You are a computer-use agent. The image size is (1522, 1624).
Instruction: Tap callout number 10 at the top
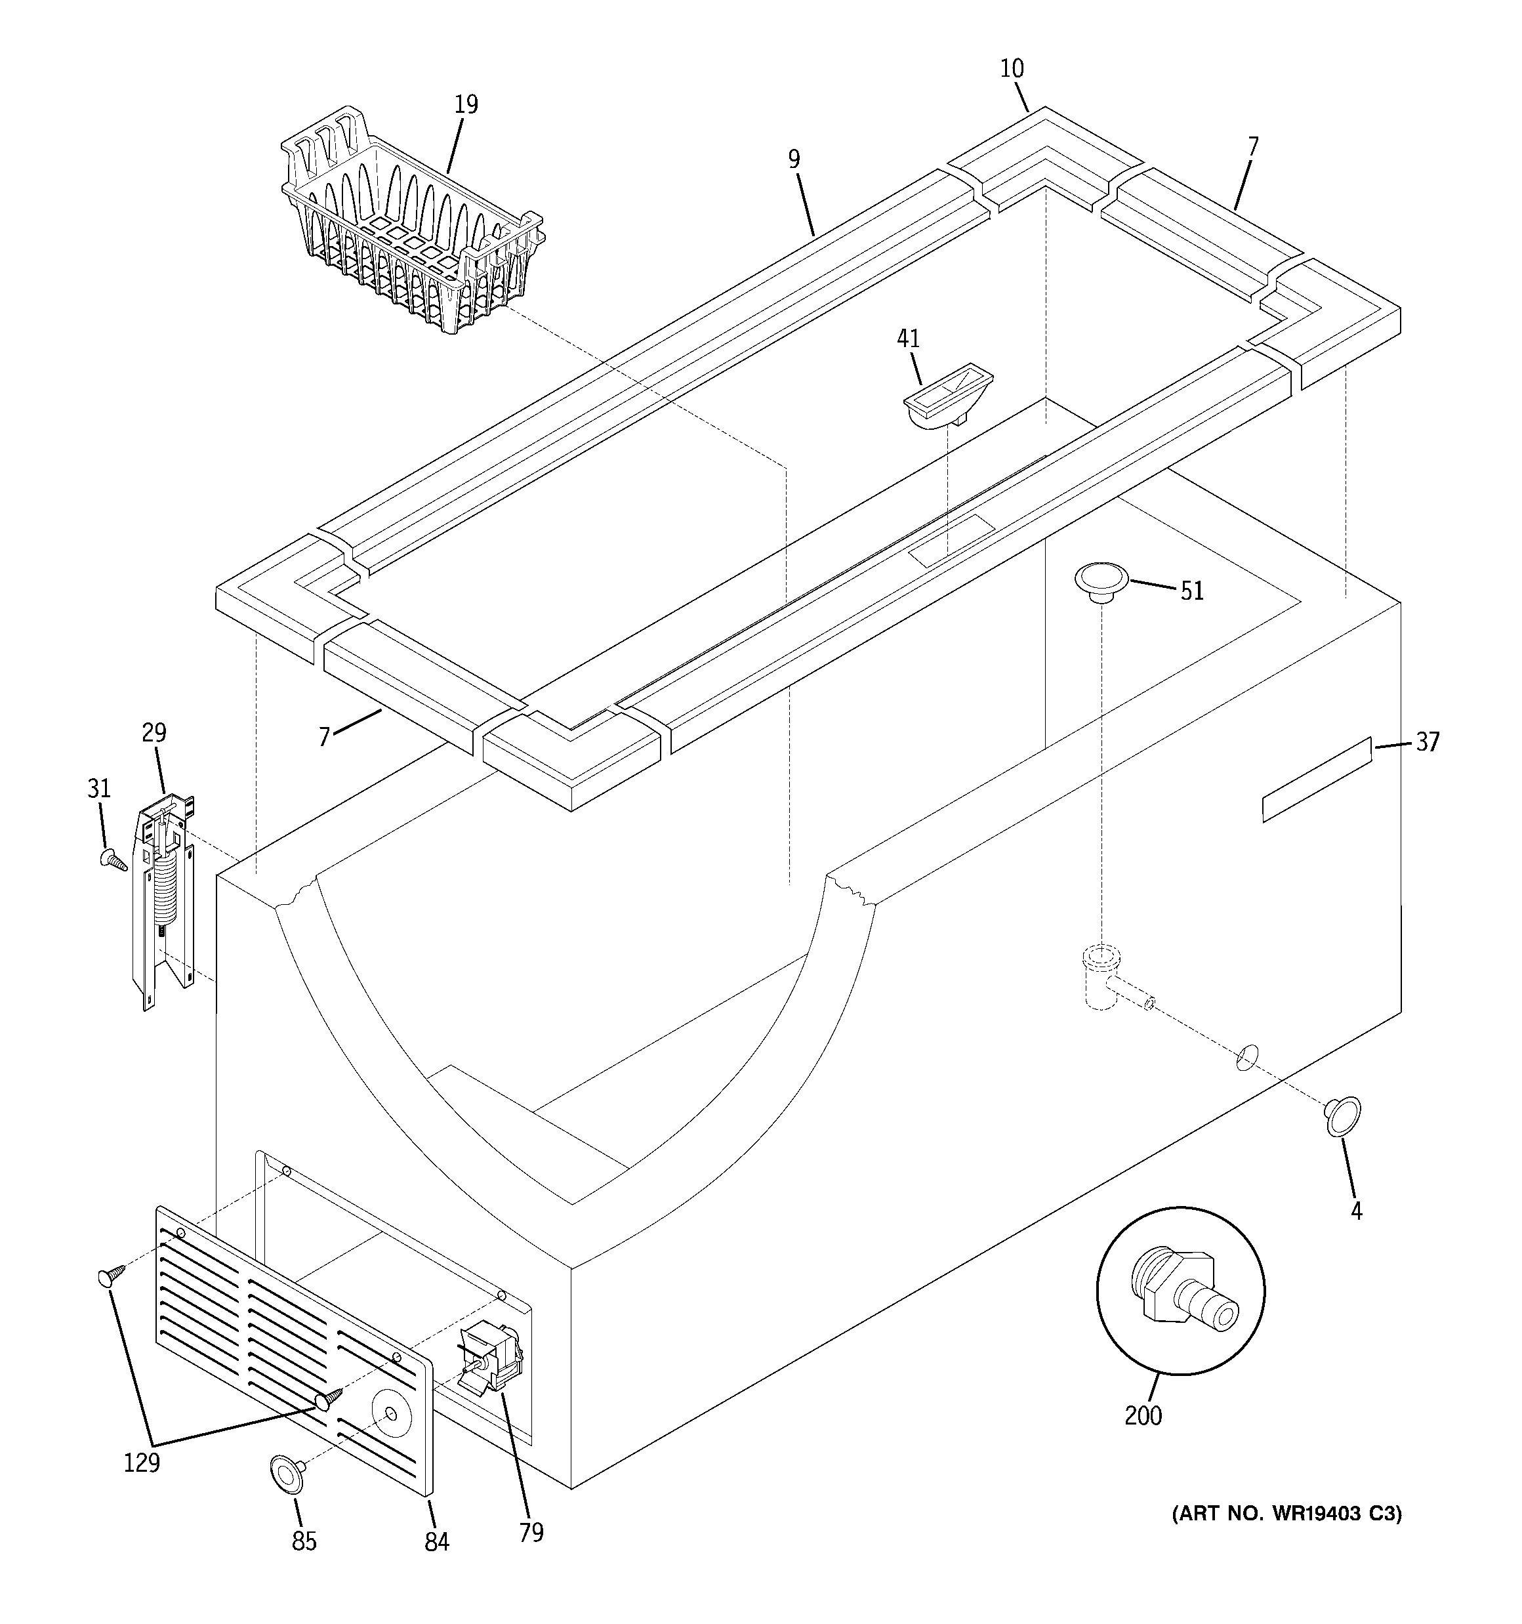point(1012,69)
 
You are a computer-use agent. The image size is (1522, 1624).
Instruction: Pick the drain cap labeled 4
point(1342,1117)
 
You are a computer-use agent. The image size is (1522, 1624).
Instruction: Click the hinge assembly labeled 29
point(167,898)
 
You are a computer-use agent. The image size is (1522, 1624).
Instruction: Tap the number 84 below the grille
point(436,1541)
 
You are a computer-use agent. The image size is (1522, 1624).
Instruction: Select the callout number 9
point(794,159)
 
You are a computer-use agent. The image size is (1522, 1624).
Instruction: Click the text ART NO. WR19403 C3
point(1286,1514)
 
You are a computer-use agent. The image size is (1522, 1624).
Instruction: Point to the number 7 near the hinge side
point(324,737)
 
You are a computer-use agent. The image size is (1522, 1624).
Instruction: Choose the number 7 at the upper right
point(1252,147)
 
